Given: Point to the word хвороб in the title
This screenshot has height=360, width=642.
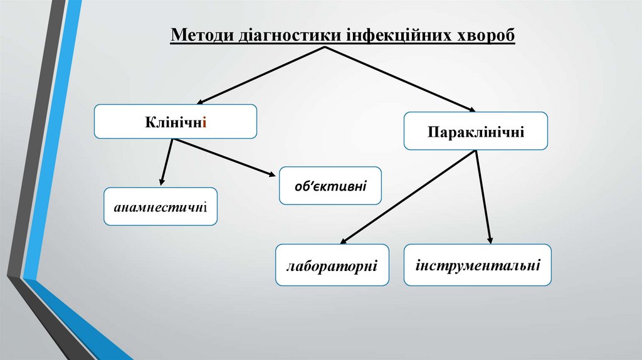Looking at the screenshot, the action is tap(484, 35).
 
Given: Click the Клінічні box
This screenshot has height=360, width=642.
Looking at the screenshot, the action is tap(176, 121).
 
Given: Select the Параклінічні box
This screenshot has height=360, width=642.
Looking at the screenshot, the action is tap(476, 131).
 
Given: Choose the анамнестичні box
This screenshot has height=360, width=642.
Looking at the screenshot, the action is tap(160, 206).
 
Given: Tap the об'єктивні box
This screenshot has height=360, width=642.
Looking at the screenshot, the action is tap(330, 186).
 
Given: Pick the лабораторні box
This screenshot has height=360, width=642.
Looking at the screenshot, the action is tap(332, 265).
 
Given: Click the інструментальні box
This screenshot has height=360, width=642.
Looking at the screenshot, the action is tap(478, 265).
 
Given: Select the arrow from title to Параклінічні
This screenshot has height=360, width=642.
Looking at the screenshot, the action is tap(401, 79).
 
